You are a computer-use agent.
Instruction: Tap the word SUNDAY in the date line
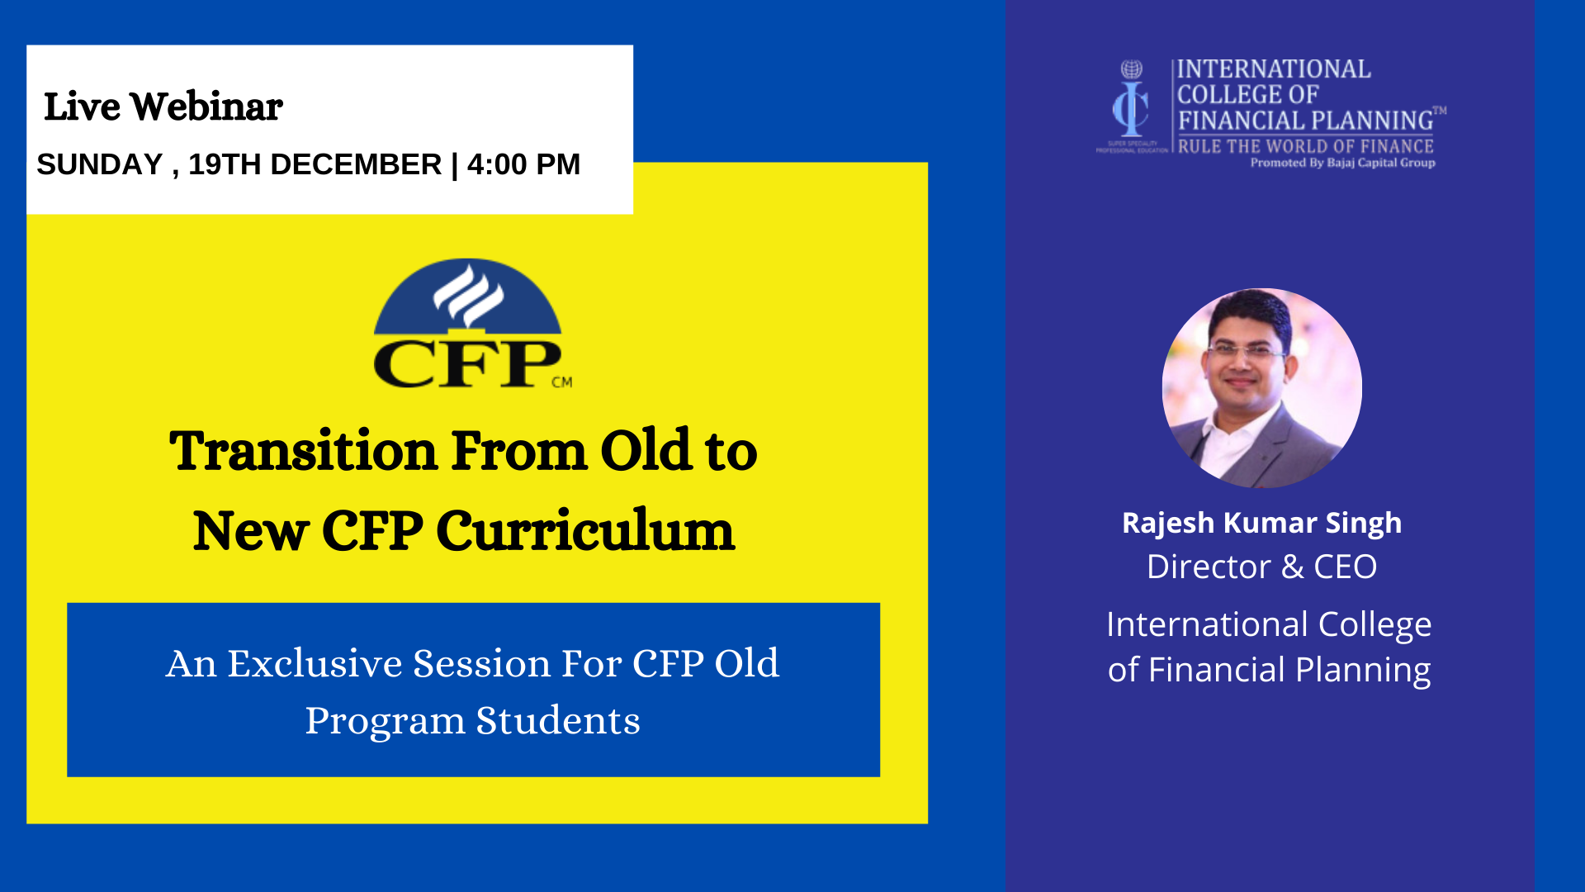pyautogui.click(x=100, y=164)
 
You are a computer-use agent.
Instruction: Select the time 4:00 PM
pyautogui.click(x=523, y=164)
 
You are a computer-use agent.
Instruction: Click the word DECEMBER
pyautogui.click(x=356, y=164)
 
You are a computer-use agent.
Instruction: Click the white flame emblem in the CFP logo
pyautogui.click(x=468, y=295)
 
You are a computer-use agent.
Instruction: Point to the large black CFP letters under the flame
pyautogui.click(x=466, y=363)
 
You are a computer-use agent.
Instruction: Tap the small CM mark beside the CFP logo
pyautogui.click(x=562, y=382)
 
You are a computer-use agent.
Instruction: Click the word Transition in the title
pyautogui.click(x=303, y=452)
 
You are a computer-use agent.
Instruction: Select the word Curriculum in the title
pyautogui.click(x=584, y=531)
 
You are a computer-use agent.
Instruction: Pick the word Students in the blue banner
pyautogui.click(x=558, y=720)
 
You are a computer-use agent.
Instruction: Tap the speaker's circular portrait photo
pyautogui.click(x=1261, y=388)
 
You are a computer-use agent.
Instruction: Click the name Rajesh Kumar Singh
pyautogui.click(x=1261, y=523)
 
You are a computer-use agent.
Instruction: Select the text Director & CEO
pyautogui.click(x=1261, y=567)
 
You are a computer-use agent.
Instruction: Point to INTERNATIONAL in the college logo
pyautogui.click(x=1274, y=69)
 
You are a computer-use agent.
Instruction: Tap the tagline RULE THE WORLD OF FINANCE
pyautogui.click(x=1305, y=146)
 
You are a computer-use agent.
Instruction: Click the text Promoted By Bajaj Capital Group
pyautogui.click(x=1342, y=163)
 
